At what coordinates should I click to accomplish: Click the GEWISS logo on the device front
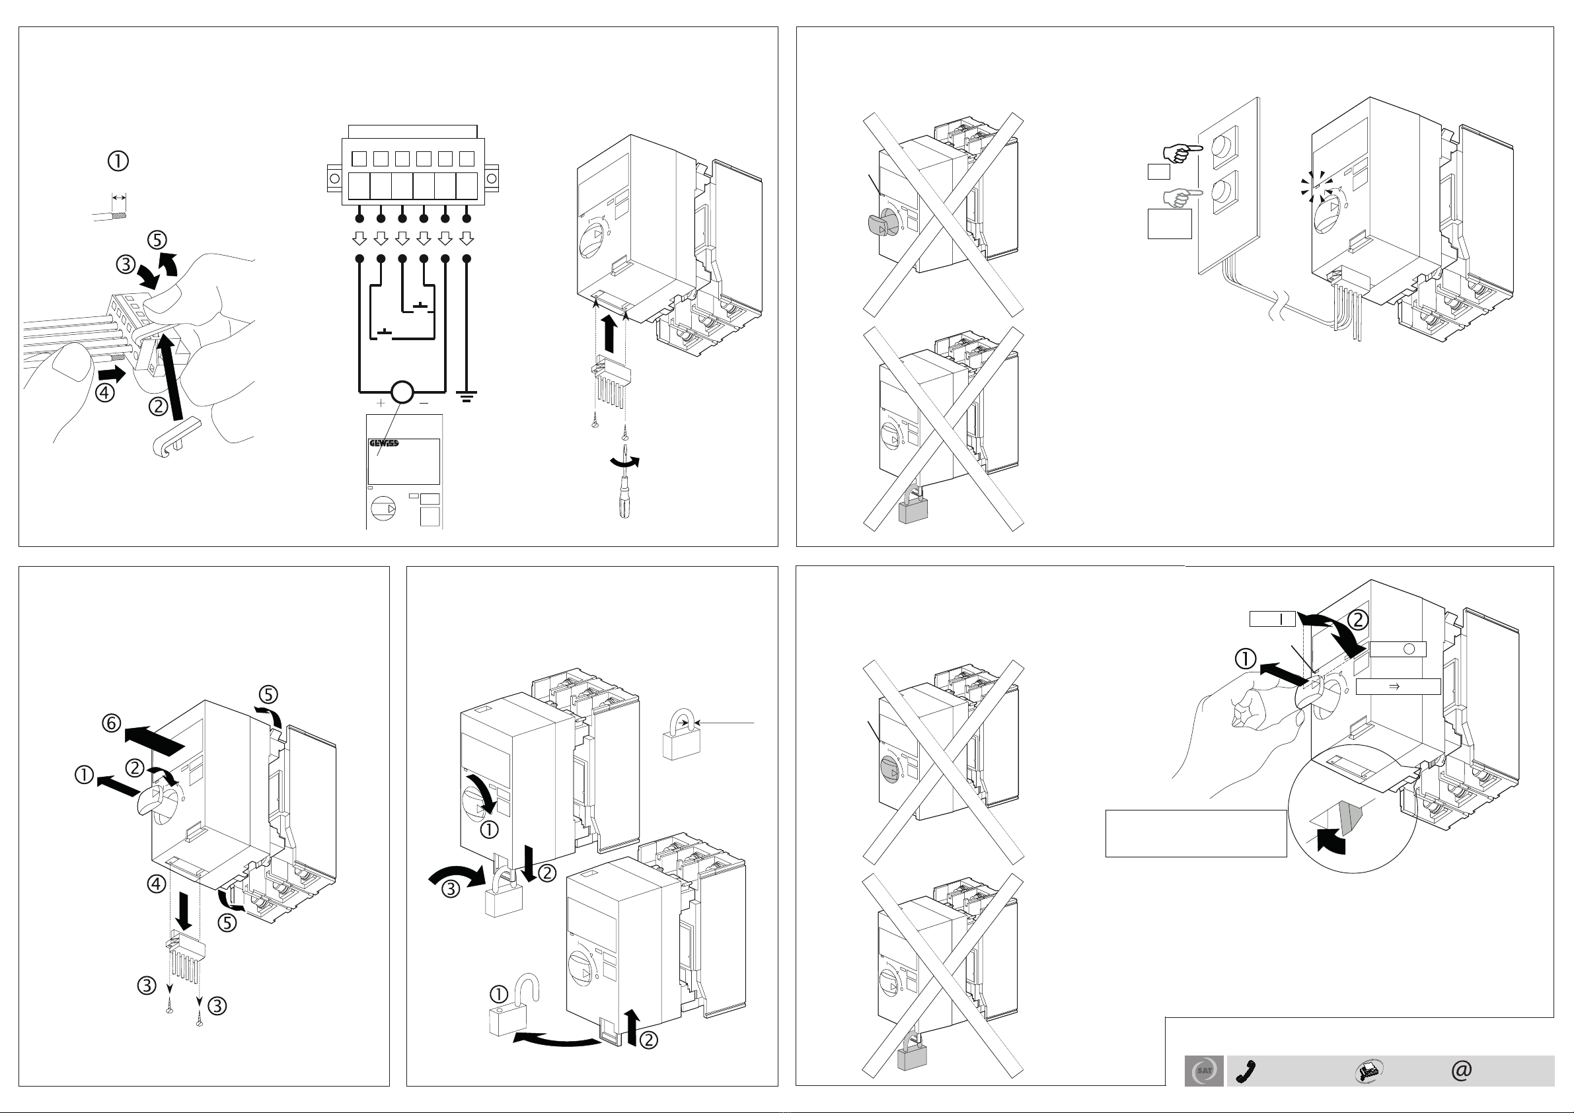click(x=384, y=443)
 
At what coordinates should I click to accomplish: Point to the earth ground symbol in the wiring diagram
click(x=467, y=396)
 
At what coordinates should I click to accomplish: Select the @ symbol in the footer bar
click(x=1462, y=1071)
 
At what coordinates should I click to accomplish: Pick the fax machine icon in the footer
click(x=1368, y=1071)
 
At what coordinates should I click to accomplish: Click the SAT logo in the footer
click(x=1204, y=1071)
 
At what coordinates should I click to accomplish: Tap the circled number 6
click(x=112, y=723)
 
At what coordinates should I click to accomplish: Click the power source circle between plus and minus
click(x=402, y=393)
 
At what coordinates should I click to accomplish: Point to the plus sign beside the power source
click(x=381, y=403)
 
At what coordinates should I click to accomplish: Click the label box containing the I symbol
click(x=1271, y=619)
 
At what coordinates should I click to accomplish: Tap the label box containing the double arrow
click(x=1398, y=686)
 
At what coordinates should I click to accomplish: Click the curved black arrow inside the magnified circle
click(x=1333, y=840)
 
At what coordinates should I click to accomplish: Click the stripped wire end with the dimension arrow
click(x=110, y=215)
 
